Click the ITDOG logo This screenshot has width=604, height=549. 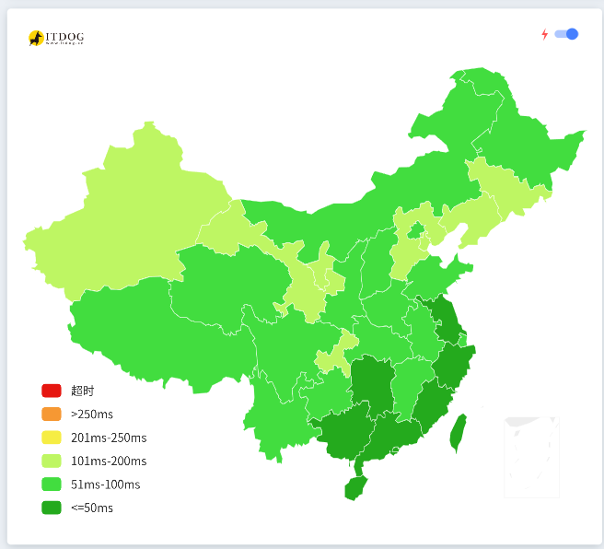tap(56, 38)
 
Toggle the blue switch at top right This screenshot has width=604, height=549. tap(566, 34)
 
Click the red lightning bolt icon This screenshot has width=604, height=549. tap(544, 35)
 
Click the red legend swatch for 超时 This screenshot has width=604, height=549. tap(52, 391)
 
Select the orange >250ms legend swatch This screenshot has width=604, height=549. tap(52, 414)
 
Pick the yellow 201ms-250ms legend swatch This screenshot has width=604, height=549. tap(52, 438)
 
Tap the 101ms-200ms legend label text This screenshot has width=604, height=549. tap(108, 461)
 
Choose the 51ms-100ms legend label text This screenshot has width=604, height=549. tap(105, 485)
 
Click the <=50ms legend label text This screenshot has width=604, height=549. tap(91, 508)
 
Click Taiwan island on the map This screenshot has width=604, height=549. tap(458, 432)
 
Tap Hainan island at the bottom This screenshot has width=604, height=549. tap(354, 487)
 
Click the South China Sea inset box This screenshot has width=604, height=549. tap(531, 456)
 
